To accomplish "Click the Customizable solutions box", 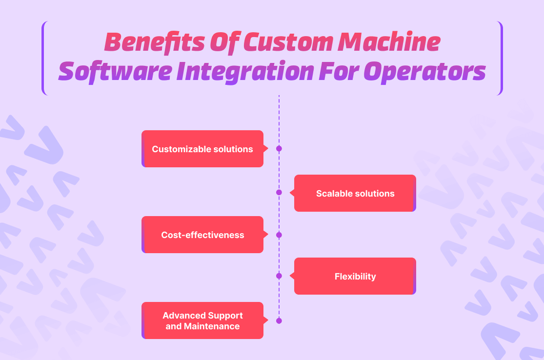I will [202, 149].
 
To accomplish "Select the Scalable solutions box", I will [355, 193].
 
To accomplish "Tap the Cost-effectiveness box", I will [202, 235].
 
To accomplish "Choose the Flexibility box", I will [355, 276].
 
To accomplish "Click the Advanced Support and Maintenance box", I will [202, 320].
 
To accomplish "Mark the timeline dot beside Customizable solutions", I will [279, 149].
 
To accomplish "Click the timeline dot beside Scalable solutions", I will [279, 192].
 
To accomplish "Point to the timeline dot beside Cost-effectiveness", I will [279, 235].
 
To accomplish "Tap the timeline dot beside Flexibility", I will [279, 276].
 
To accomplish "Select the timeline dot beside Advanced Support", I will [279, 321].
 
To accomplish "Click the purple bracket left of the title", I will [44, 58].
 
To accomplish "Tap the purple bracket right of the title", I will [501, 58].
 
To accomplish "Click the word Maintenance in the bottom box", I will [212, 326].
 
